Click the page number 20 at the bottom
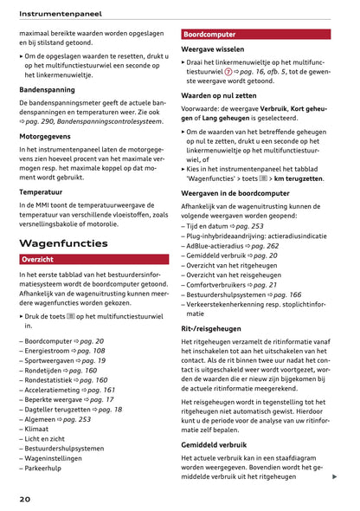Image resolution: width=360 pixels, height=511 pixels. (x=24, y=500)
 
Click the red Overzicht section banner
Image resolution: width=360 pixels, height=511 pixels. (x=38, y=259)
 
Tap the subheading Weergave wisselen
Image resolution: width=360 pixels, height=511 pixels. (x=212, y=49)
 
